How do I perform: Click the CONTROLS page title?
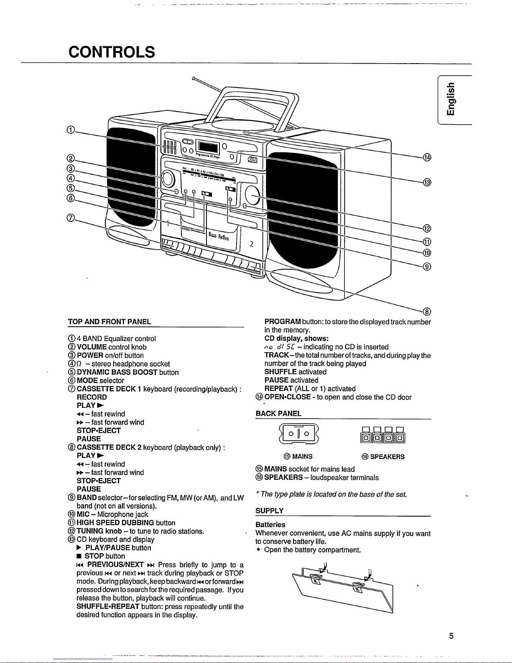pos(112,52)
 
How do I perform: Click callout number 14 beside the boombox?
pos(427,157)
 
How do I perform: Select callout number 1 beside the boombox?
pos(70,130)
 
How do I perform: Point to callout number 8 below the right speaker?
pos(427,312)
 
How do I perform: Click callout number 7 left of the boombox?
pos(70,218)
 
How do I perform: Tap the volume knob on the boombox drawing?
pos(168,179)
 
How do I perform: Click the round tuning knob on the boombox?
pos(252,195)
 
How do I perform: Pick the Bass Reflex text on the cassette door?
pos(219,236)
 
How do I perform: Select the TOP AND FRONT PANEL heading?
pos(110,322)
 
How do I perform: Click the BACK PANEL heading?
pos(278,413)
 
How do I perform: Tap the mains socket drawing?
pos(299,433)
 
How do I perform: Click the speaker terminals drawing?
pos(383,435)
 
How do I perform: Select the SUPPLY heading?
pos(270,510)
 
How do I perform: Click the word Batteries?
pos(270,525)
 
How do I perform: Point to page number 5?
pos(451,635)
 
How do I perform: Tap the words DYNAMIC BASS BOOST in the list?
pos(117,372)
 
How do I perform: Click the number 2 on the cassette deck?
pos(252,244)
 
